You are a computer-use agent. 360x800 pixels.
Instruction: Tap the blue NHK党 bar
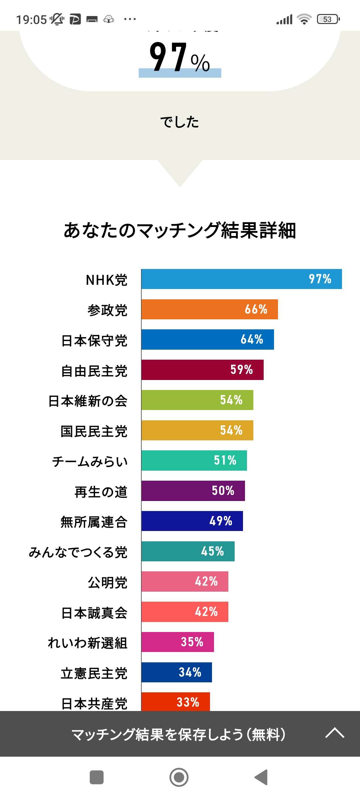(241, 279)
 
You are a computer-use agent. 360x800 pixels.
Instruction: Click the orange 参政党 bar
(209, 309)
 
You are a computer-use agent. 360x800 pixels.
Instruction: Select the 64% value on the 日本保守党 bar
(252, 340)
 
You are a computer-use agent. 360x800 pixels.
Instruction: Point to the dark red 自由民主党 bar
(202, 370)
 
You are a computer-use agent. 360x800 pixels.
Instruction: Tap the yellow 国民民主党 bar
(197, 430)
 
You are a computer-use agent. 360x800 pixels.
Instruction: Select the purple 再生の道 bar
(193, 491)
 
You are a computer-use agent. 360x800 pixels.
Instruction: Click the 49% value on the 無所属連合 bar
(221, 521)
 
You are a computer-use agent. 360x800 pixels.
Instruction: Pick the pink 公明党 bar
(185, 582)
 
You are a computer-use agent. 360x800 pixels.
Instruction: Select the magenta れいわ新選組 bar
(177, 642)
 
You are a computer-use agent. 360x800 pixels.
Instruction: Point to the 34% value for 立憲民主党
(190, 672)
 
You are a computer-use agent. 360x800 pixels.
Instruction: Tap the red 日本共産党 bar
(175, 702)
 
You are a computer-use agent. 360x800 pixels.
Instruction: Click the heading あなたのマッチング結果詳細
(180, 230)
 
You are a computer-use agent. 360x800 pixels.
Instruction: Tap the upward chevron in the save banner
(335, 733)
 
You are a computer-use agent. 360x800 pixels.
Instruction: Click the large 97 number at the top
(169, 57)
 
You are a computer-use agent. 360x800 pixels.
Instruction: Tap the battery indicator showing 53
(328, 19)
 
